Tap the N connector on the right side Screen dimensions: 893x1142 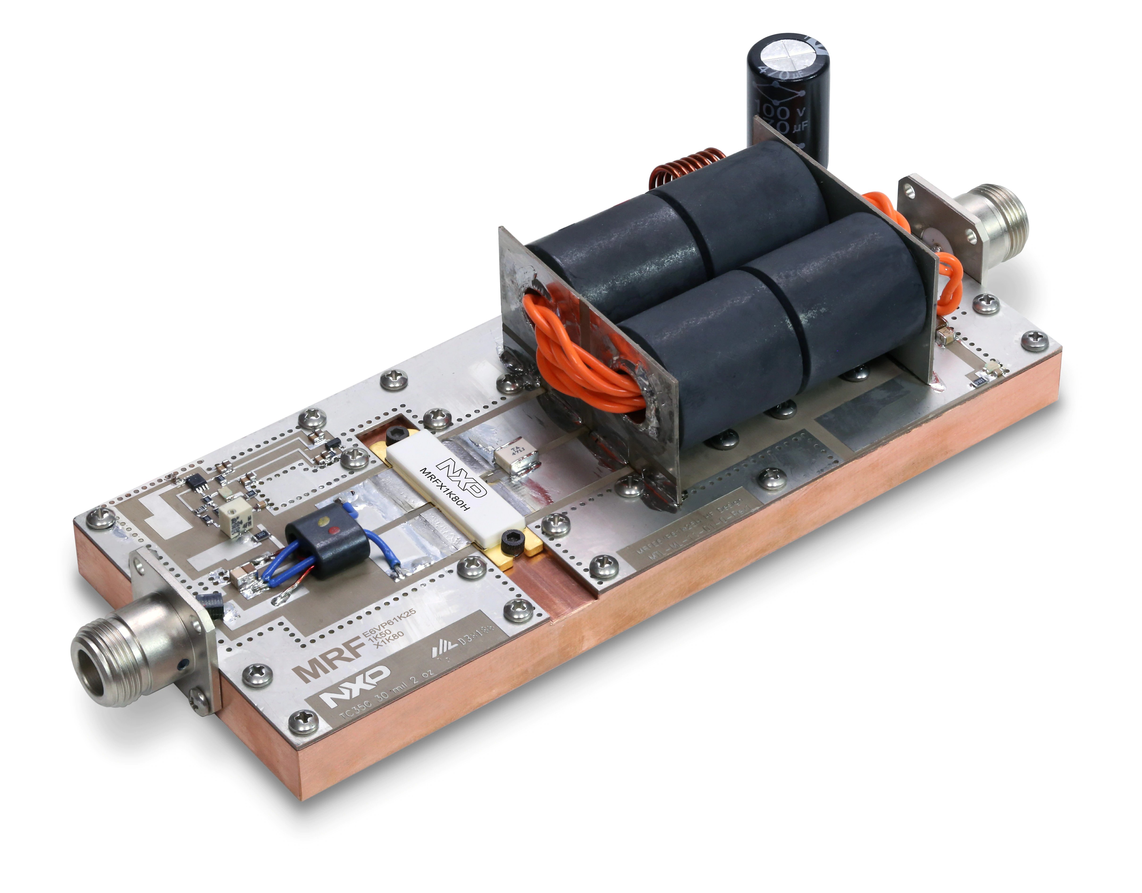pos(988,225)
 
